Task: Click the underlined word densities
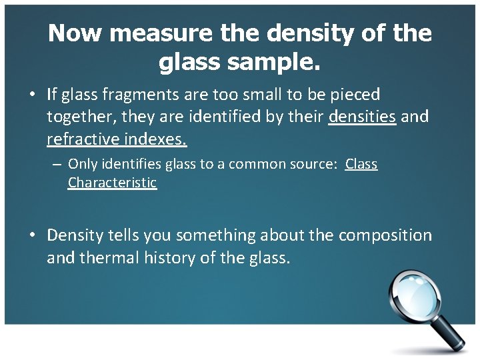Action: tap(363, 118)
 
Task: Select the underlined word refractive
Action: tap(81, 140)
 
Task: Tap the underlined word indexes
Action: tap(154, 140)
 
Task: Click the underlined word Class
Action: tap(361, 164)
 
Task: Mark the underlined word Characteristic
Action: tap(112, 183)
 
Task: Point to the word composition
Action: tap(385, 235)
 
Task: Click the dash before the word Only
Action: tap(58, 164)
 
